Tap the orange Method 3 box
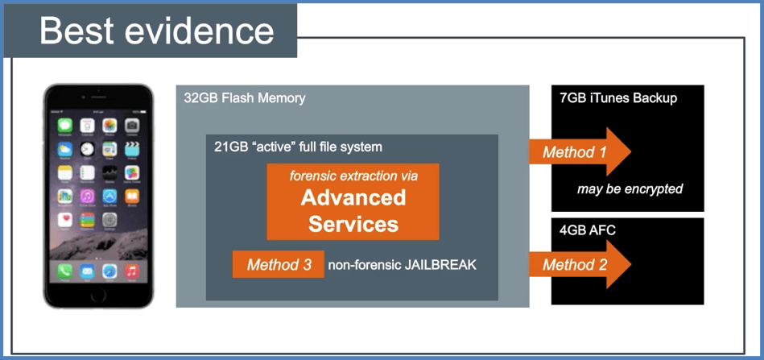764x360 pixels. (279, 264)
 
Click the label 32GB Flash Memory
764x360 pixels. (244, 98)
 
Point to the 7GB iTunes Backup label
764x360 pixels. (618, 98)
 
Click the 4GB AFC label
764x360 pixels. (588, 230)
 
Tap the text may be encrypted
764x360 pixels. (630, 189)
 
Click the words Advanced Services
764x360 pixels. (353, 209)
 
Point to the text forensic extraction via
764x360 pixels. (353, 175)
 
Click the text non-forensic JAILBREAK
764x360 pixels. (402, 264)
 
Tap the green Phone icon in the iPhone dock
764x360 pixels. (65, 271)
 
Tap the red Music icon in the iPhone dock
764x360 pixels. (131, 271)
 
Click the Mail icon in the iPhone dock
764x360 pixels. (87, 271)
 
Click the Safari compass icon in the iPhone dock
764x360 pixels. (109, 271)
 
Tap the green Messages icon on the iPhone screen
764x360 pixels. (65, 126)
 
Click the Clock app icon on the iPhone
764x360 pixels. (87, 149)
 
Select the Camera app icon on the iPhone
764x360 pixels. (131, 126)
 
